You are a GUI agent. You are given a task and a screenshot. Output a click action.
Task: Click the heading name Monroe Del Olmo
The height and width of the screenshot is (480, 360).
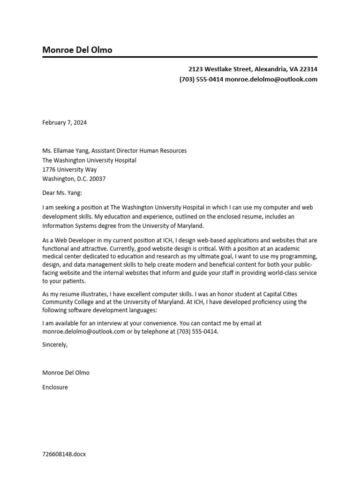pos(77,50)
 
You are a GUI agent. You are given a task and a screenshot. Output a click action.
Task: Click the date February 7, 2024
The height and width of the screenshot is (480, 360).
pos(64,123)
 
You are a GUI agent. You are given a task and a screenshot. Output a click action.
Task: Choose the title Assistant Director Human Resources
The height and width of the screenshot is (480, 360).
pos(139,150)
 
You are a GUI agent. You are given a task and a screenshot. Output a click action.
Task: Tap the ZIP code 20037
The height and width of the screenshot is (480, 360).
pos(97,179)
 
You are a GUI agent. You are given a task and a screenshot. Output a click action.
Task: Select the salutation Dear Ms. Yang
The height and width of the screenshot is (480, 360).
pos(62,193)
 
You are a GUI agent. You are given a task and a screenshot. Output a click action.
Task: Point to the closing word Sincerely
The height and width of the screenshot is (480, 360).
pos(55,345)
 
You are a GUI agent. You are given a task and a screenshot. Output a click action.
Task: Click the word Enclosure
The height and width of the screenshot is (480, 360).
pos(55,387)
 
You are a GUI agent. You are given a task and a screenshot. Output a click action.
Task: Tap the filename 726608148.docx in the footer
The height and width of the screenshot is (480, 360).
pos(64,454)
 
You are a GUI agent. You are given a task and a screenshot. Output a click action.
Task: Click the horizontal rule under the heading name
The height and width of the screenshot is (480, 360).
pos(180,57)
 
